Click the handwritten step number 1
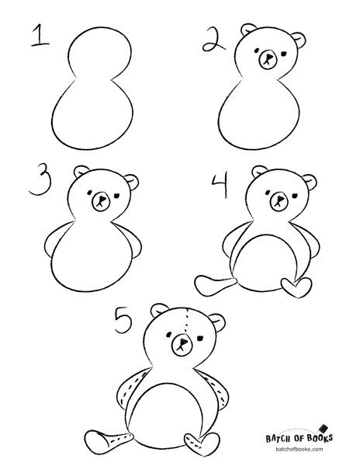(x=39, y=36)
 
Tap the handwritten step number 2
(x=213, y=40)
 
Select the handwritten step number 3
(x=40, y=179)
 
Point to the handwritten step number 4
(x=220, y=184)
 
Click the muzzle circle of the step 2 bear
(x=268, y=60)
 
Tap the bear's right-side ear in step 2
(x=299, y=40)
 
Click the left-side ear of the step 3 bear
(x=81, y=171)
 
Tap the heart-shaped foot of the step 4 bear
(x=296, y=287)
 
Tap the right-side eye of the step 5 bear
(x=200, y=338)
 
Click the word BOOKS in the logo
(x=320, y=438)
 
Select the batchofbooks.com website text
(x=299, y=449)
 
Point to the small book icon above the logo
(x=324, y=428)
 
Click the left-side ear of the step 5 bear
(x=159, y=310)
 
